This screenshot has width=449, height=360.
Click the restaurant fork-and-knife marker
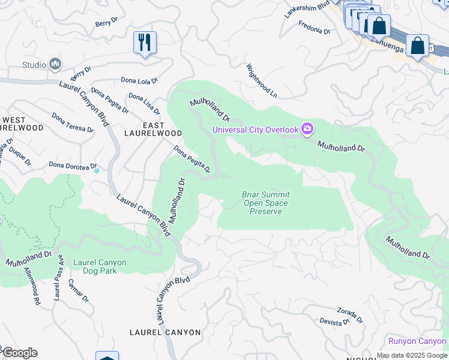coord(145,43)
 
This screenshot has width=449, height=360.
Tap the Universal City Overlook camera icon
coord(307,129)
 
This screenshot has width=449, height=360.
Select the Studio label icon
coord(56,64)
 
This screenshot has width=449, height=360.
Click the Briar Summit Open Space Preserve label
coord(265,203)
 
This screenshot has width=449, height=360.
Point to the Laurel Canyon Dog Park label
coord(100,266)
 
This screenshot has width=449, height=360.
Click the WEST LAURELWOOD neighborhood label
coord(22,124)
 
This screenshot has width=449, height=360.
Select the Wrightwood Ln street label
coord(262,82)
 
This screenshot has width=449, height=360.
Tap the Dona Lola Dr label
coord(139,80)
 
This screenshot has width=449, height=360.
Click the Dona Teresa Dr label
coord(73,122)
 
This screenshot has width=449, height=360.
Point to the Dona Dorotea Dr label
coord(73,165)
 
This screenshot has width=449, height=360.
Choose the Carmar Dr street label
coord(79,291)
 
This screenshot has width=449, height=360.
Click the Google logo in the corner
coord(19,353)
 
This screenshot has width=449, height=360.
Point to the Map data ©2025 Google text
coord(412,355)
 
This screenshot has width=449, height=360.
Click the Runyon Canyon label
coord(417,341)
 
